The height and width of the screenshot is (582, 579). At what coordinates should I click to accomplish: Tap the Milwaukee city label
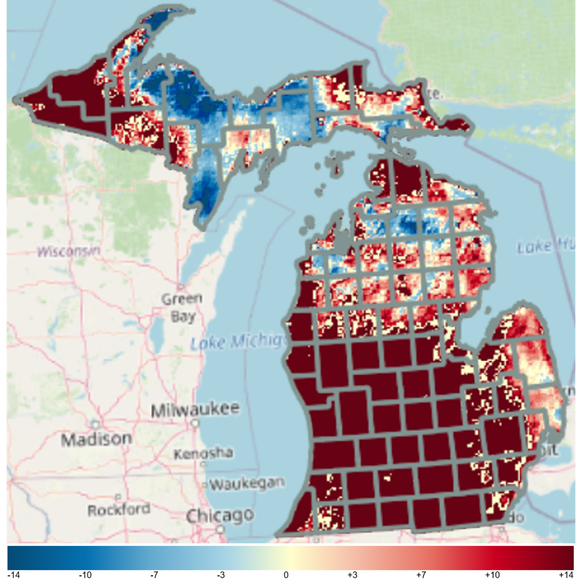point(195,409)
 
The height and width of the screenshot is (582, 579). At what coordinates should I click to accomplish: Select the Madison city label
point(96,440)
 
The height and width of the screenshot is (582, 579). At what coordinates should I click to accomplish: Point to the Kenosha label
point(203,454)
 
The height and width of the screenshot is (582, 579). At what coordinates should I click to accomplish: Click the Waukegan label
point(247,484)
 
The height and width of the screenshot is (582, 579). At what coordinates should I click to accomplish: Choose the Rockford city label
point(119,510)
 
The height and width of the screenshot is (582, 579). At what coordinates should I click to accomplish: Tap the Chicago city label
point(220,516)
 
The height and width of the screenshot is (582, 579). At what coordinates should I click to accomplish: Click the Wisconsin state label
point(68,251)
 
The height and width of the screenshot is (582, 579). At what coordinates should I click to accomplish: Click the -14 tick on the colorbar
point(14,575)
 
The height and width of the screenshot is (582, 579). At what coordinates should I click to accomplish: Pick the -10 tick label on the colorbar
point(85,575)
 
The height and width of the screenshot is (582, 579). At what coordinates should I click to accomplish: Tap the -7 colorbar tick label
point(154,575)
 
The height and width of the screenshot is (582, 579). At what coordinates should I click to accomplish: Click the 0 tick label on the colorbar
point(286,575)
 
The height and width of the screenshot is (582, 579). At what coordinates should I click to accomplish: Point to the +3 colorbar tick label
point(352,575)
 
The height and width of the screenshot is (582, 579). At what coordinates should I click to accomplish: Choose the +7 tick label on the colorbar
point(421,575)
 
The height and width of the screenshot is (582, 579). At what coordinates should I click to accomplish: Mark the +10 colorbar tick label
point(492,575)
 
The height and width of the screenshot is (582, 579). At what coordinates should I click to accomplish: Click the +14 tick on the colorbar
point(566,575)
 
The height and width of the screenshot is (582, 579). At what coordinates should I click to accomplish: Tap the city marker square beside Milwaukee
point(195,423)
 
